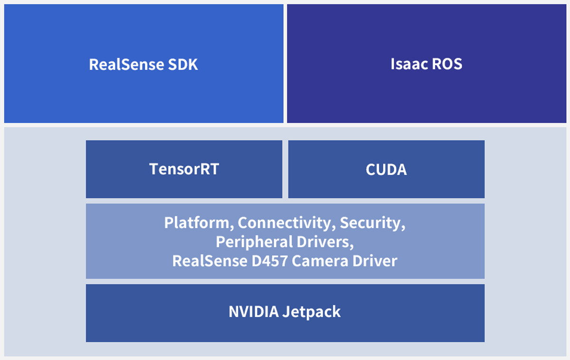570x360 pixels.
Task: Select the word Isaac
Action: [x=406, y=64]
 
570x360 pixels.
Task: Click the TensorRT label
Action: [x=184, y=169]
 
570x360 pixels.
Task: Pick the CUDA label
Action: [x=386, y=170]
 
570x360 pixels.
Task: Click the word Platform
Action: [x=199, y=222]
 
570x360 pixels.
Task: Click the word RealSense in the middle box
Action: [x=207, y=261]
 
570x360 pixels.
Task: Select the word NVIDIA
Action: [x=254, y=312]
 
